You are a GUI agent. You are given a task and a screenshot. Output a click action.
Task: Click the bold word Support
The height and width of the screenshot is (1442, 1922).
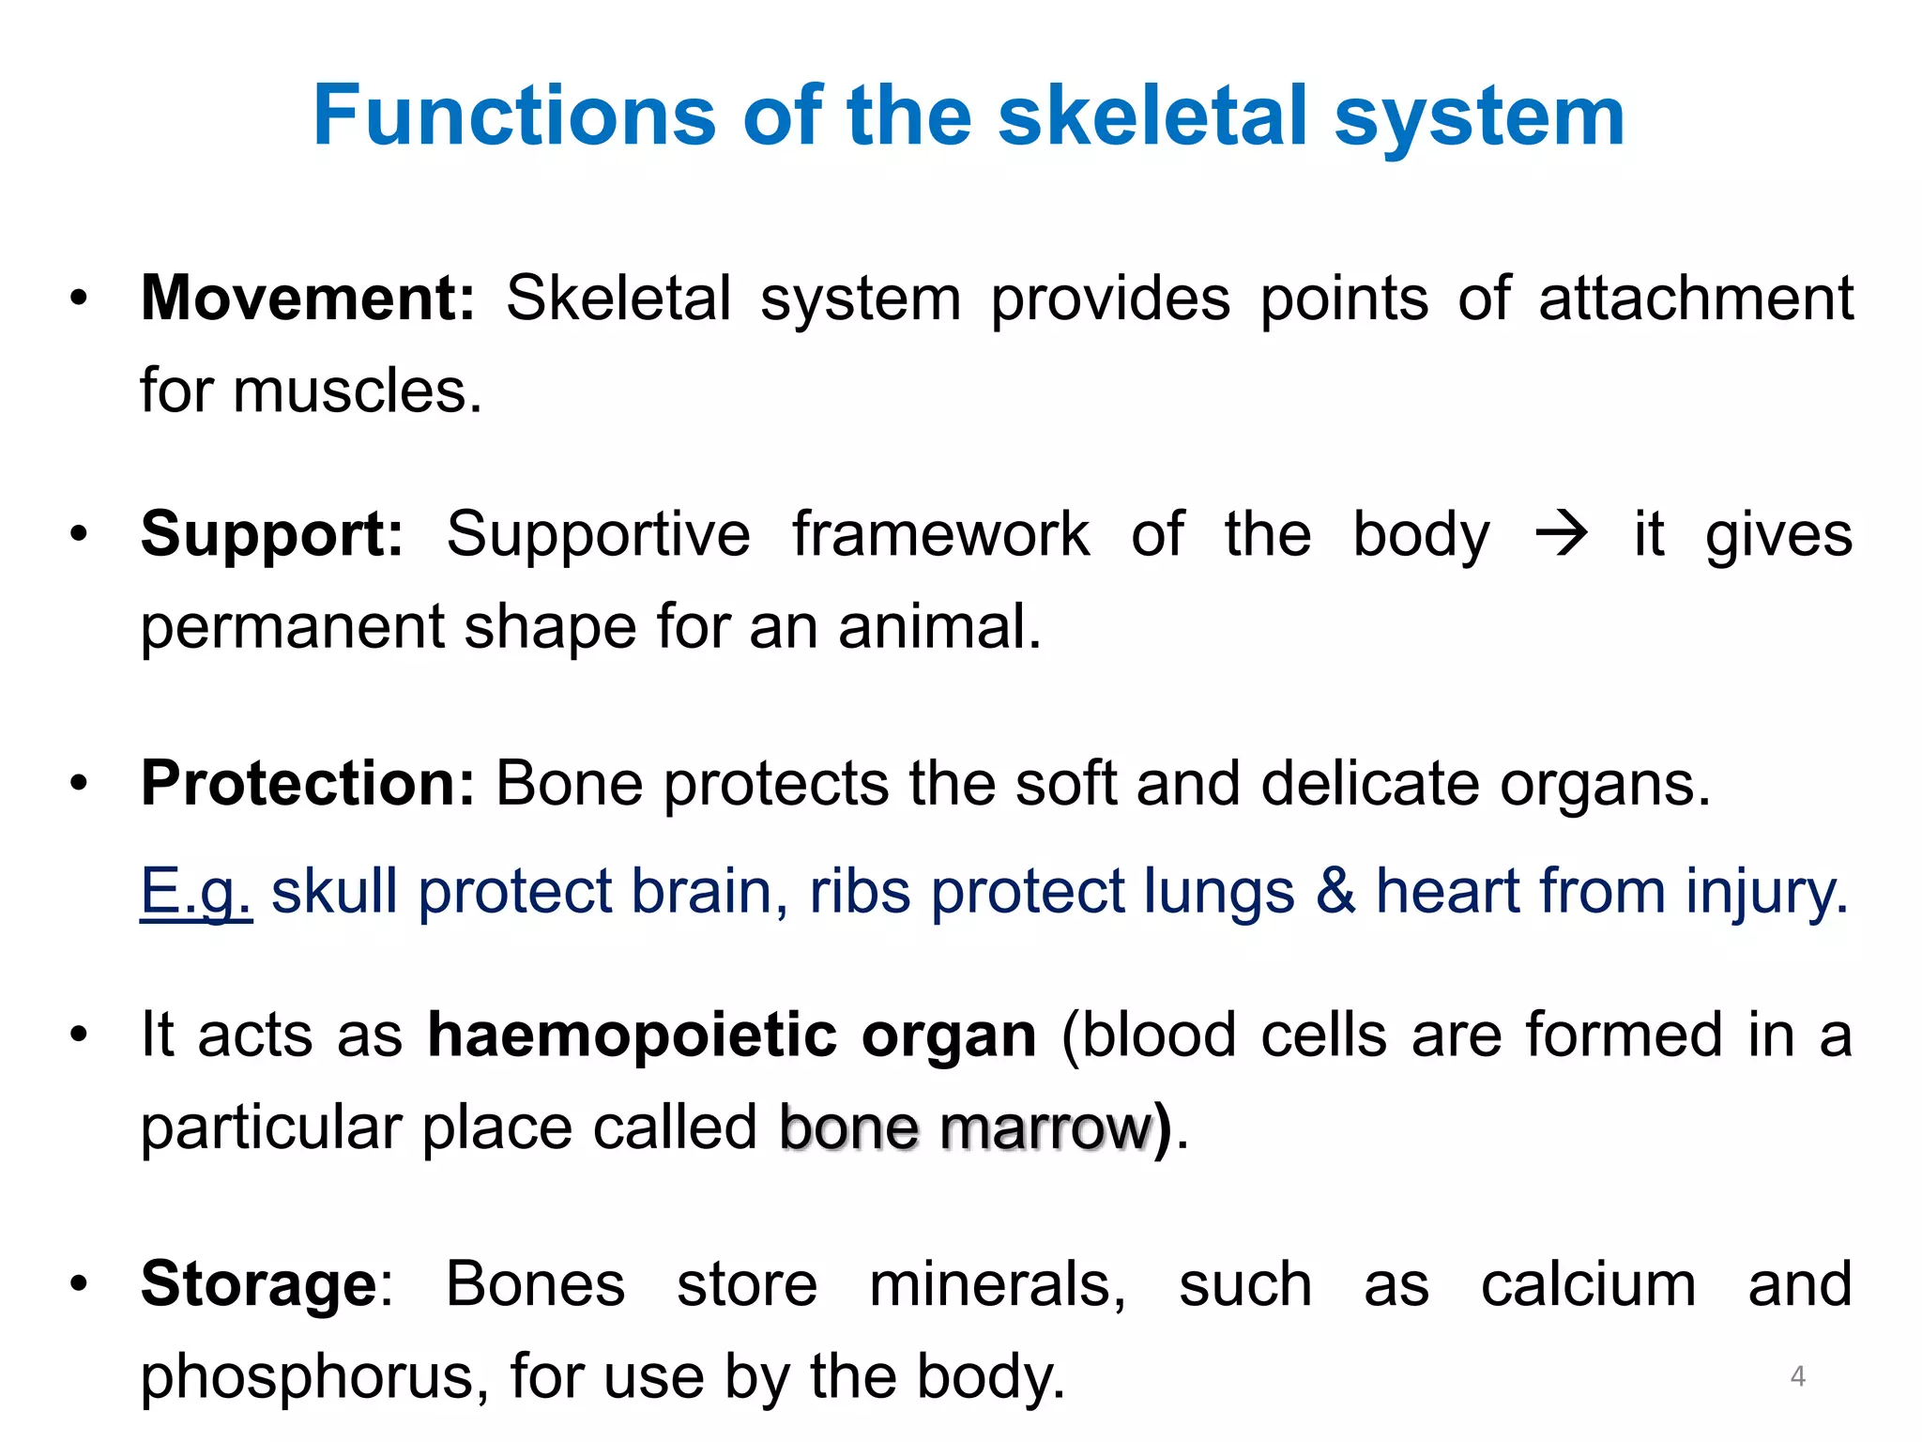click(x=271, y=534)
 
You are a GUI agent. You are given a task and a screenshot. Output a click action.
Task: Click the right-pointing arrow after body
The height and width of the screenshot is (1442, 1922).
click(x=1561, y=534)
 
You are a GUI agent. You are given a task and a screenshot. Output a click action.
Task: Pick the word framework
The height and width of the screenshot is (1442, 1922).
click(x=940, y=534)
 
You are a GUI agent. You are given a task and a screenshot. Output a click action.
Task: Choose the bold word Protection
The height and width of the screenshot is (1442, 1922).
click(x=308, y=783)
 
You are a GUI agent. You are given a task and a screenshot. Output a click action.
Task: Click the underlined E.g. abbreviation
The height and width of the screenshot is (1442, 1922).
click(x=195, y=891)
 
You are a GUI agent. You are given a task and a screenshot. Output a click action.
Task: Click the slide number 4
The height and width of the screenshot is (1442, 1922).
click(x=1797, y=1376)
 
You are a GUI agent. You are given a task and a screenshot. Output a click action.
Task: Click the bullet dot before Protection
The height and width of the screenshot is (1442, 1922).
click(x=79, y=783)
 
